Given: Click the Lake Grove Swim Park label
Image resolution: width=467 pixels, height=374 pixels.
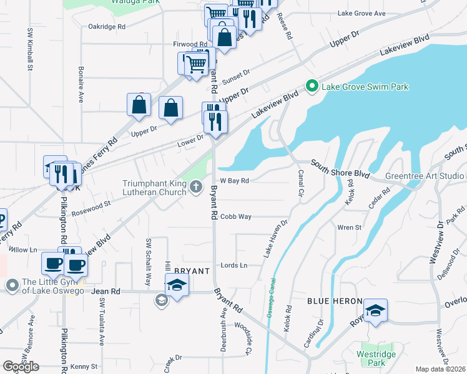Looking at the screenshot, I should pyautogui.click(x=365, y=87).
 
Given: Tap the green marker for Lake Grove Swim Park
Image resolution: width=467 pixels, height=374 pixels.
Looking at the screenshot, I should pyautogui.click(x=311, y=86).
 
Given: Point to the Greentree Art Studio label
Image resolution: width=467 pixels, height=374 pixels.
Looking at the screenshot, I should pyautogui.click(x=425, y=176).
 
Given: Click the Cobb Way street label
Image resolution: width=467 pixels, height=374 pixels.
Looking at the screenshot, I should pyautogui.click(x=236, y=216).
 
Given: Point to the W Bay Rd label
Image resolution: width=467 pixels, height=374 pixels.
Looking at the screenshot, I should pyautogui.click(x=235, y=181).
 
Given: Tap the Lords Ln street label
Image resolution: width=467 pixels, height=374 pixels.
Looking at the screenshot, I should pyautogui.click(x=234, y=265).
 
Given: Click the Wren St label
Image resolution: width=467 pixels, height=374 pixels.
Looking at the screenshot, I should pyautogui.click(x=350, y=228).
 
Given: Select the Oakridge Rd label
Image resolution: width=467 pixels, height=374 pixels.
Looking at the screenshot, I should pyautogui.click(x=107, y=27).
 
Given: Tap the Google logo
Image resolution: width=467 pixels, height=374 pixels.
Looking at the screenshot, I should pyautogui.click(x=20, y=367).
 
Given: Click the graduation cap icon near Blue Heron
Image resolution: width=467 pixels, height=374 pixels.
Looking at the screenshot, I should pyautogui.click(x=375, y=311).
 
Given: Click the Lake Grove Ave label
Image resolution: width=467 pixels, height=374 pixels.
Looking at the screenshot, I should pyautogui.click(x=361, y=12).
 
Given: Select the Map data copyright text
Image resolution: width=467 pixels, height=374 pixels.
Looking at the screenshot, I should pyautogui.click(x=440, y=369).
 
